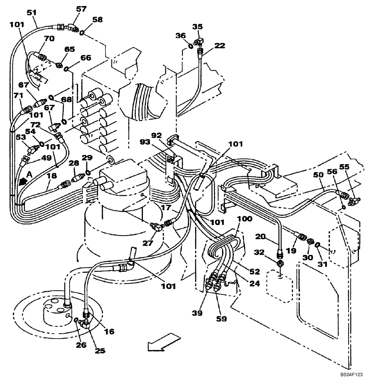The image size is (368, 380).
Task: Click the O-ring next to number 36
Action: pyautogui.click(x=190, y=46)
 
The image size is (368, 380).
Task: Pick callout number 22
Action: pyautogui.click(x=219, y=45)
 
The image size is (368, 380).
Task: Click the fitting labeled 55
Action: pyautogui.click(x=354, y=199)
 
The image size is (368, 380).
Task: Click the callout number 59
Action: pyautogui.click(x=221, y=318)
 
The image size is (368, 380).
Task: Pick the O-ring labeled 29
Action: pyautogui.click(x=88, y=173)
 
